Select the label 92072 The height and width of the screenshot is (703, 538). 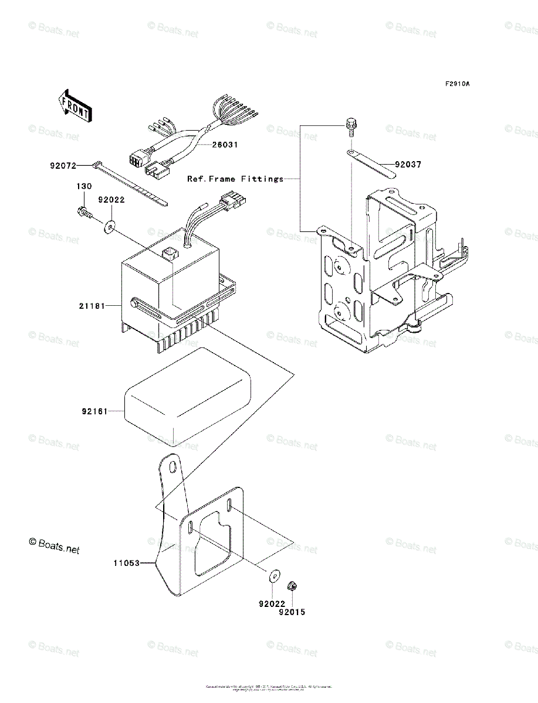pos(63,166)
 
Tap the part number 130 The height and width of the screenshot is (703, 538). pos(83,186)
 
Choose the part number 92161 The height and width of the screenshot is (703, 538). pos(94,412)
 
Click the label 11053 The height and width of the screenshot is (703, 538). pos(126,564)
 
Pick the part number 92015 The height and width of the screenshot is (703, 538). pos(292,612)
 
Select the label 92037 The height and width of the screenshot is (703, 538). pos(408,165)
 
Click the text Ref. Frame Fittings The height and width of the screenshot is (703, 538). pos(235,179)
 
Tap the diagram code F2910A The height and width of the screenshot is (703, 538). pos(457,84)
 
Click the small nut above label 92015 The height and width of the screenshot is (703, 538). pos(290,585)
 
